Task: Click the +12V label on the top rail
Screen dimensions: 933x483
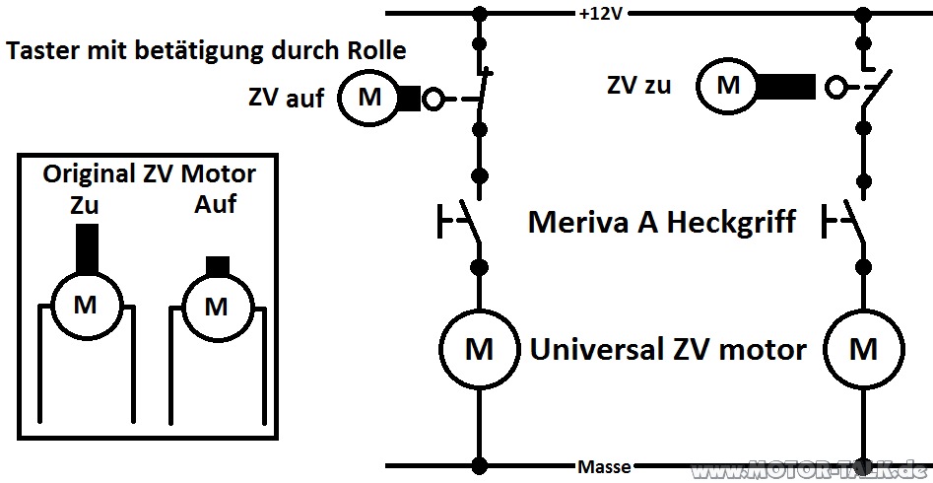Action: (x=600, y=13)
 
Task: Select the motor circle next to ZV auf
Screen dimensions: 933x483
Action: (x=368, y=97)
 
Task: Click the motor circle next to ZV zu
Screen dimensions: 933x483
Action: (x=728, y=87)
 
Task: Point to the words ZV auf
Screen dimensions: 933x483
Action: (x=287, y=98)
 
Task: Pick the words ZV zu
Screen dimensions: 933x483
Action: (x=638, y=86)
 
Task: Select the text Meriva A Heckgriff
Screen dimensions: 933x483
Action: (x=662, y=223)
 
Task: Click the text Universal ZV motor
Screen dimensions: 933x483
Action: (x=668, y=349)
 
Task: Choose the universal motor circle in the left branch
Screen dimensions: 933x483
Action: (x=479, y=349)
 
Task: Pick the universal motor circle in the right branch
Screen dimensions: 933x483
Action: (x=863, y=349)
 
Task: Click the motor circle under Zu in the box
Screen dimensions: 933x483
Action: (x=87, y=305)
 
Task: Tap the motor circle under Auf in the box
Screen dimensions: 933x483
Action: (x=217, y=308)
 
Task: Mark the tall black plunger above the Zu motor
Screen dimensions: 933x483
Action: (x=88, y=249)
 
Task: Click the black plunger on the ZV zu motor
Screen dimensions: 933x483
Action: (x=785, y=87)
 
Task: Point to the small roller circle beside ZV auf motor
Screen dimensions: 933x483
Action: (x=433, y=99)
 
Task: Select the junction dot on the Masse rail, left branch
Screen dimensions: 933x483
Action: (x=479, y=465)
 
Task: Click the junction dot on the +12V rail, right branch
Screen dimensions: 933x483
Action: (x=863, y=13)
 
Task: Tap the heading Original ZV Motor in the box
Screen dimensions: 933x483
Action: (x=150, y=174)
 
